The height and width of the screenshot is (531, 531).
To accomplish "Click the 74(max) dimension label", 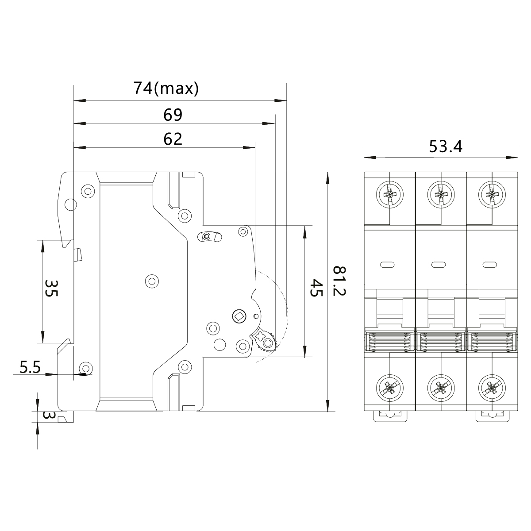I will pyautogui.click(x=166, y=88).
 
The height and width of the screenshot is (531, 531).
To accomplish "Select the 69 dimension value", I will pyautogui.click(x=173, y=115).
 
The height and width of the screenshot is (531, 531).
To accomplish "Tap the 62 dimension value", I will pyautogui.click(x=173, y=139).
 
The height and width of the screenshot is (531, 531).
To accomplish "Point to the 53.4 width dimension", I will pyautogui.click(x=446, y=146).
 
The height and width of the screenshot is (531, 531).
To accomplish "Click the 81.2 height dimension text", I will pyautogui.click(x=340, y=281).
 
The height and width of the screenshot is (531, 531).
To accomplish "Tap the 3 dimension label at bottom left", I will pyautogui.click(x=49, y=416).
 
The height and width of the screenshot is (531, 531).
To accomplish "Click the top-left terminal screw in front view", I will pyautogui.click(x=389, y=194).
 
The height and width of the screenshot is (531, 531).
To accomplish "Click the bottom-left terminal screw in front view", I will pyautogui.click(x=389, y=388).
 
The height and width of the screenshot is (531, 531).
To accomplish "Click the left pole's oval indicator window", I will pyautogui.click(x=388, y=265).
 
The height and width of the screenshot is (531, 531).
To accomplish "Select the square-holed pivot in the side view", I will pyautogui.click(x=239, y=316).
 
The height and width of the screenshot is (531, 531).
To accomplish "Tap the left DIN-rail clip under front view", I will pyautogui.click(x=389, y=416).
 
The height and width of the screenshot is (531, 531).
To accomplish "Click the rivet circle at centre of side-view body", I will pyautogui.click(x=152, y=281).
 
